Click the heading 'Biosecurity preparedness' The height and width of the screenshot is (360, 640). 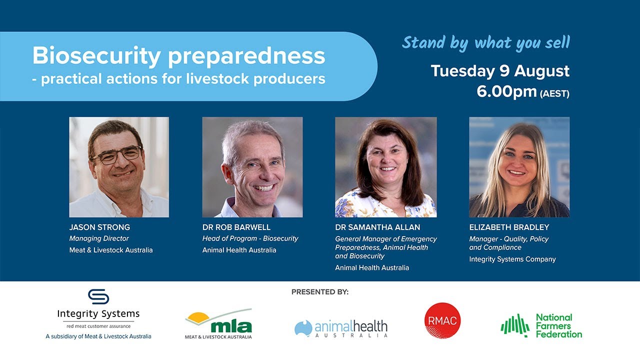point(178,56)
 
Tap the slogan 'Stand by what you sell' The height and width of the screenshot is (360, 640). point(485,43)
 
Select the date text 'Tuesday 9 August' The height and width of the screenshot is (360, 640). point(500,71)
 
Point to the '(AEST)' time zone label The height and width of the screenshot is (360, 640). point(554,93)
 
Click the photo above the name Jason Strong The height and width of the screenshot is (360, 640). point(119,167)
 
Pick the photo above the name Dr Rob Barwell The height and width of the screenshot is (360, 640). point(252,167)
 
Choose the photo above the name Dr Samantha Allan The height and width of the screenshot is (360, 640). point(385,167)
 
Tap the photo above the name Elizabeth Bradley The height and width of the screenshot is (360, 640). point(519,167)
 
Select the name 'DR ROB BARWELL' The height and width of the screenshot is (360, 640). point(236,227)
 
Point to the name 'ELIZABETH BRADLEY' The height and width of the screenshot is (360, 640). point(509,227)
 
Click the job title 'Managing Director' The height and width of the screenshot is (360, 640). point(99,238)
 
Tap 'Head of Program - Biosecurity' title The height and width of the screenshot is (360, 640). point(250,238)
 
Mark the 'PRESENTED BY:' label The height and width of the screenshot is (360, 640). point(320,292)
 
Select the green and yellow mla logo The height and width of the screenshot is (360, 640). point(218,323)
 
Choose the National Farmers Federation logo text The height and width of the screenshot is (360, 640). point(558,325)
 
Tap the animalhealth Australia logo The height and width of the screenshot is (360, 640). point(341,328)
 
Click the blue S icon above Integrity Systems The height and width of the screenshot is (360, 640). point(98,296)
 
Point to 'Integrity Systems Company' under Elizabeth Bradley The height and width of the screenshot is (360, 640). point(512,259)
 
